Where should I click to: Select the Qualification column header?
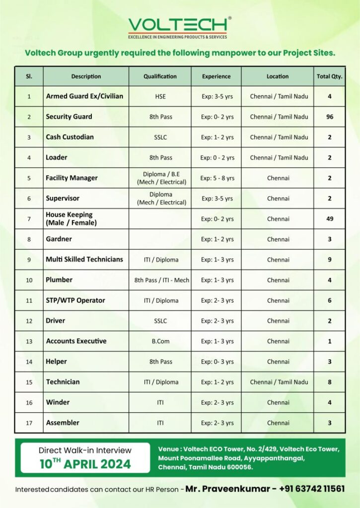(160, 76)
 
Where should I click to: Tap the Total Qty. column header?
(329, 76)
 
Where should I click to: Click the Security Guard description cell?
(69, 117)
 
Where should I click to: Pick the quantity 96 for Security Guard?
(329, 117)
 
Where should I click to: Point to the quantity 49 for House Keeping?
(329, 219)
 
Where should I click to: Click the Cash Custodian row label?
(70, 137)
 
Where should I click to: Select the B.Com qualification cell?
(160, 341)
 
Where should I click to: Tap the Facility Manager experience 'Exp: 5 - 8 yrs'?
(217, 178)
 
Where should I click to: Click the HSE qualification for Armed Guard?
(160, 96)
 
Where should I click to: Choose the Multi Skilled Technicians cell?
(84, 259)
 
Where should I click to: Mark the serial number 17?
(29, 423)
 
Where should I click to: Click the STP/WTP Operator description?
(75, 300)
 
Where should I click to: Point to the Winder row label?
(58, 402)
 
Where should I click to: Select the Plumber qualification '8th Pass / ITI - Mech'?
(161, 280)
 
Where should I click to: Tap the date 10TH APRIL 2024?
(85, 464)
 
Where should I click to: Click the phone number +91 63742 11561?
(312, 489)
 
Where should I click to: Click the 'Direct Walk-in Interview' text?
(85, 450)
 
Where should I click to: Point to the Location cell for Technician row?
(279, 382)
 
